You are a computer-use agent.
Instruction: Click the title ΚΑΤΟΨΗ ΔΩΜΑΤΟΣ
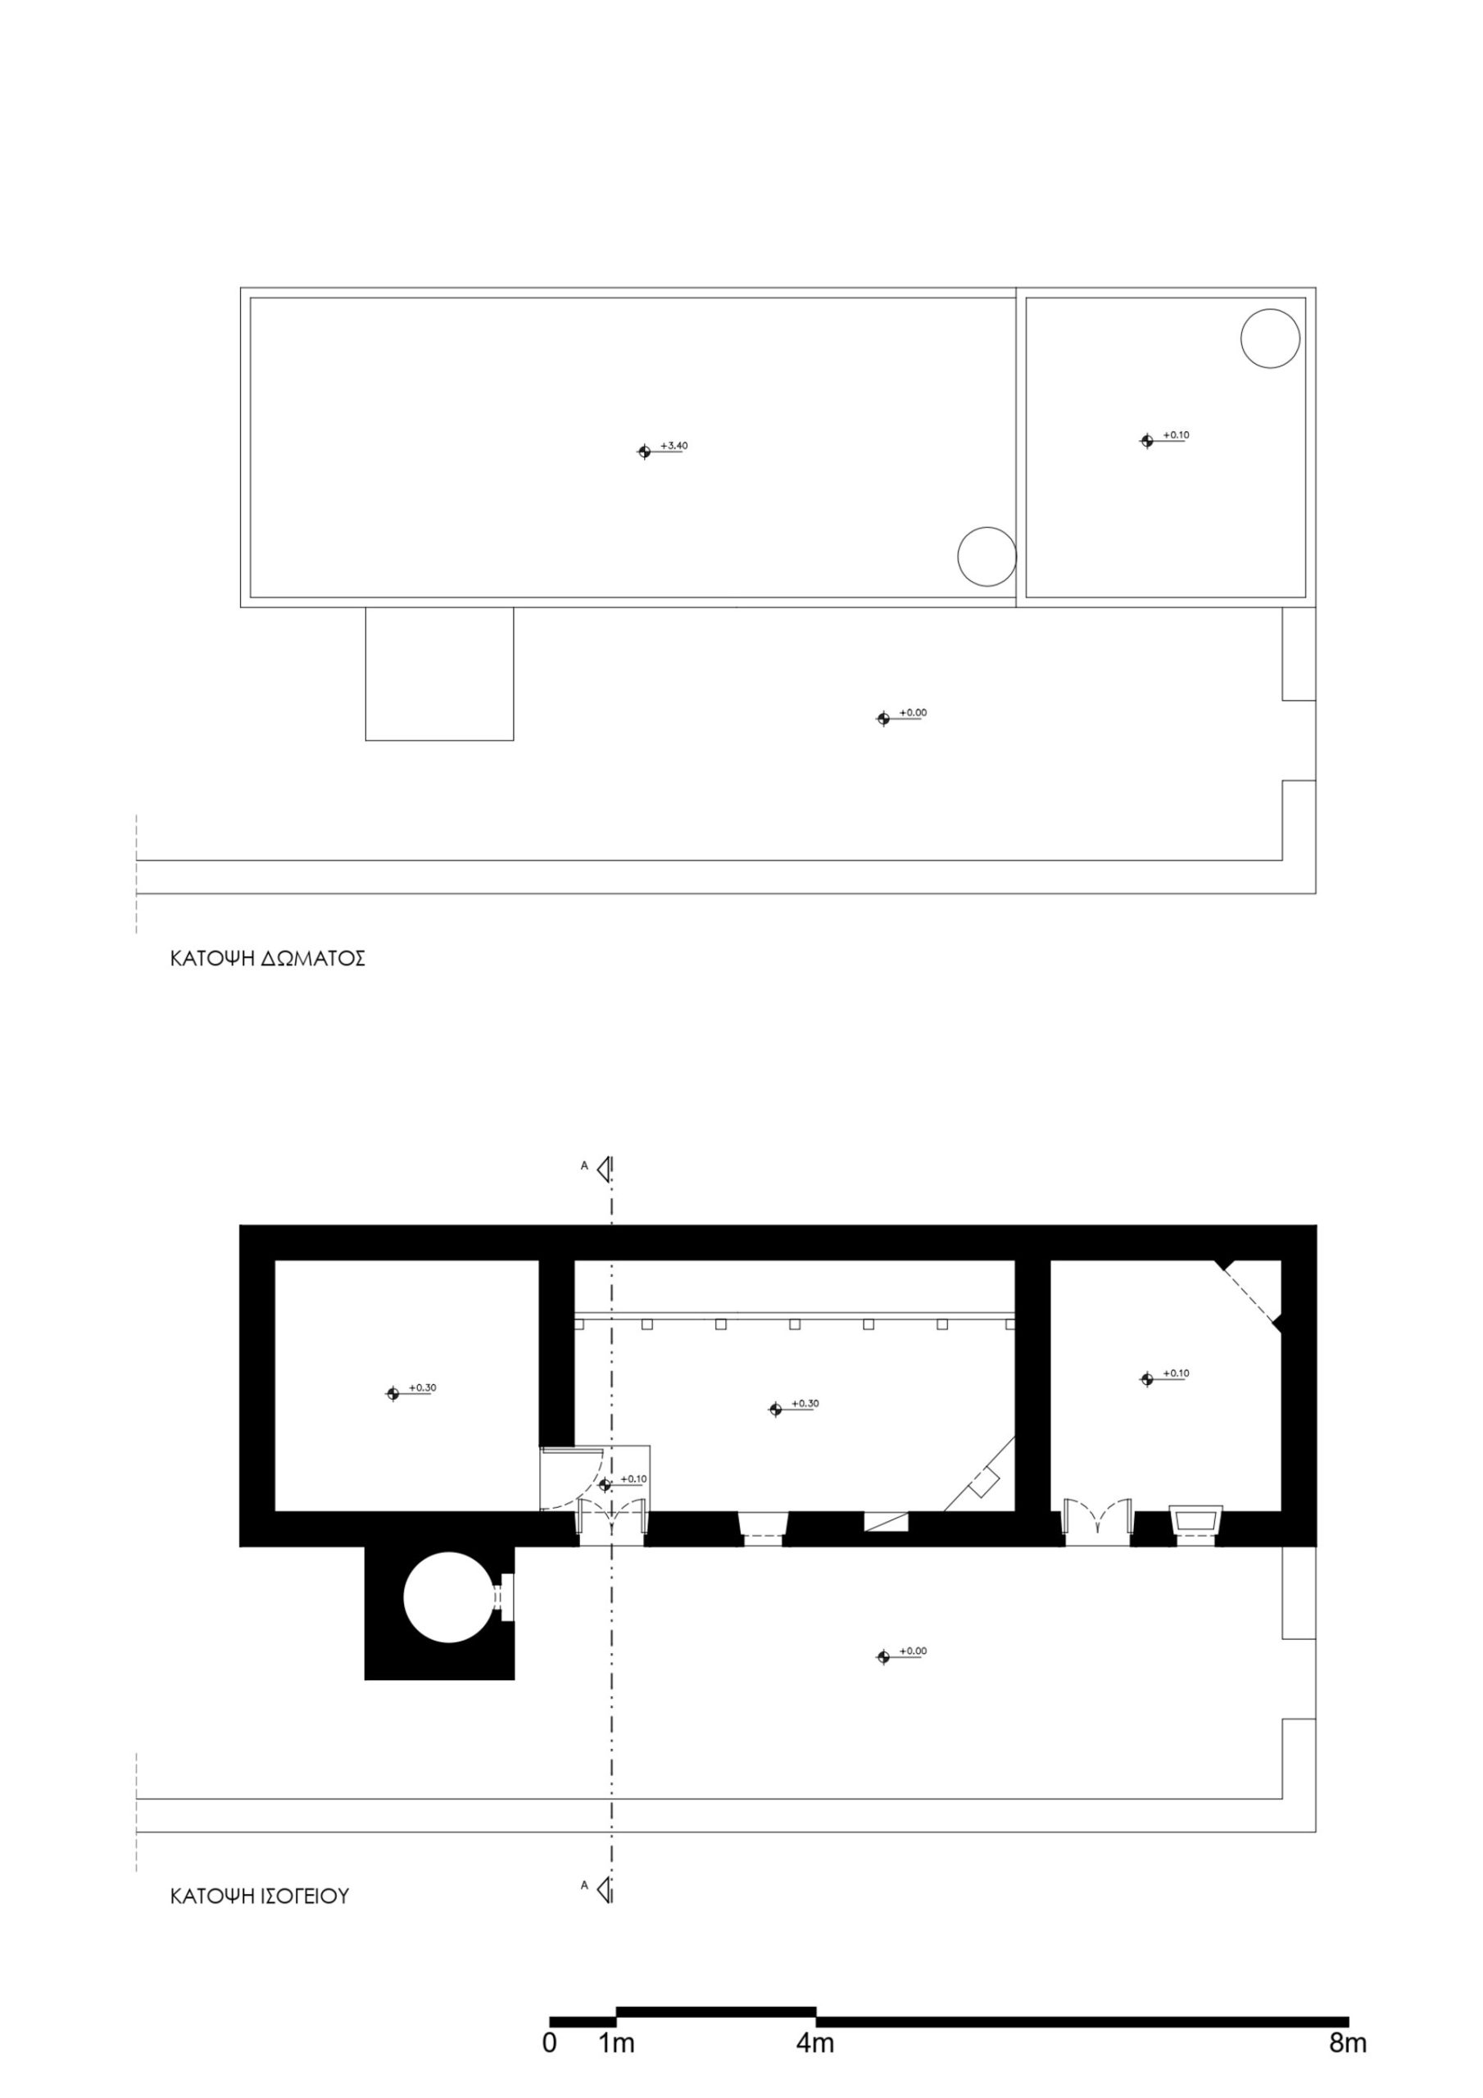[268, 959]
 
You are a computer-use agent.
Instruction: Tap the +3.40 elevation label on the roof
[673, 446]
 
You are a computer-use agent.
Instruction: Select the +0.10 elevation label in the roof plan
[1176, 435]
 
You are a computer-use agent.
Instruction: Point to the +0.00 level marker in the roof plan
[913, 712]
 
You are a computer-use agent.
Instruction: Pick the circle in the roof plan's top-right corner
[1270, 338]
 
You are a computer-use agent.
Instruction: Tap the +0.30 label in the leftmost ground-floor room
[422, 1387]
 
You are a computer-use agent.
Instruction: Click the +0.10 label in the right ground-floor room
[1176, 1374]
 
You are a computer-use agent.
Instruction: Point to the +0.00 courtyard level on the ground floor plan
[913, 1651]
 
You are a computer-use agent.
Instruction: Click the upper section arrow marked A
[603, 1167]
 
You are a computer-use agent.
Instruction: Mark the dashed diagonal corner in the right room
[1247, 1292]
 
